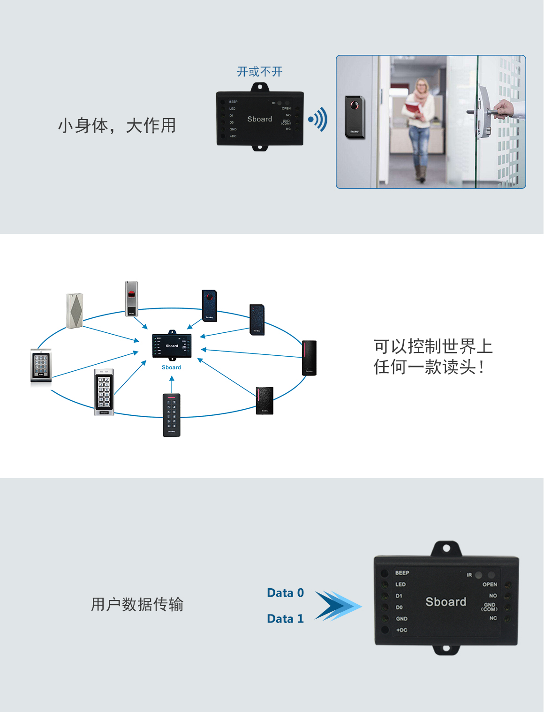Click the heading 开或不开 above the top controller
tap(259, 72)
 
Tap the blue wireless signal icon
tap(318, 120)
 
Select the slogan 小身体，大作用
tap(117, 126)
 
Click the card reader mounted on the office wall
tap(354, 117)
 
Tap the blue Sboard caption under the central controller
tap(171, 367)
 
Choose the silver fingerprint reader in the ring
tap(131, 299)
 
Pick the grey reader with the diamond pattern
tap(75, 311)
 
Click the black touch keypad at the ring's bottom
tap(172, 415)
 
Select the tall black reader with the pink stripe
tap(309, 358)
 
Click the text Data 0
tap(285, 593)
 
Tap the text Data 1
tap(285, 619)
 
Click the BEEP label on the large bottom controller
tap(402, 573)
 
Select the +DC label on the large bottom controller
tap(401, 630)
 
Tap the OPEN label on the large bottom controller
tap(490, 585)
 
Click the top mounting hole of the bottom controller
tap(446, 548)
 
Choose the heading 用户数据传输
tap(137, 605)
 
